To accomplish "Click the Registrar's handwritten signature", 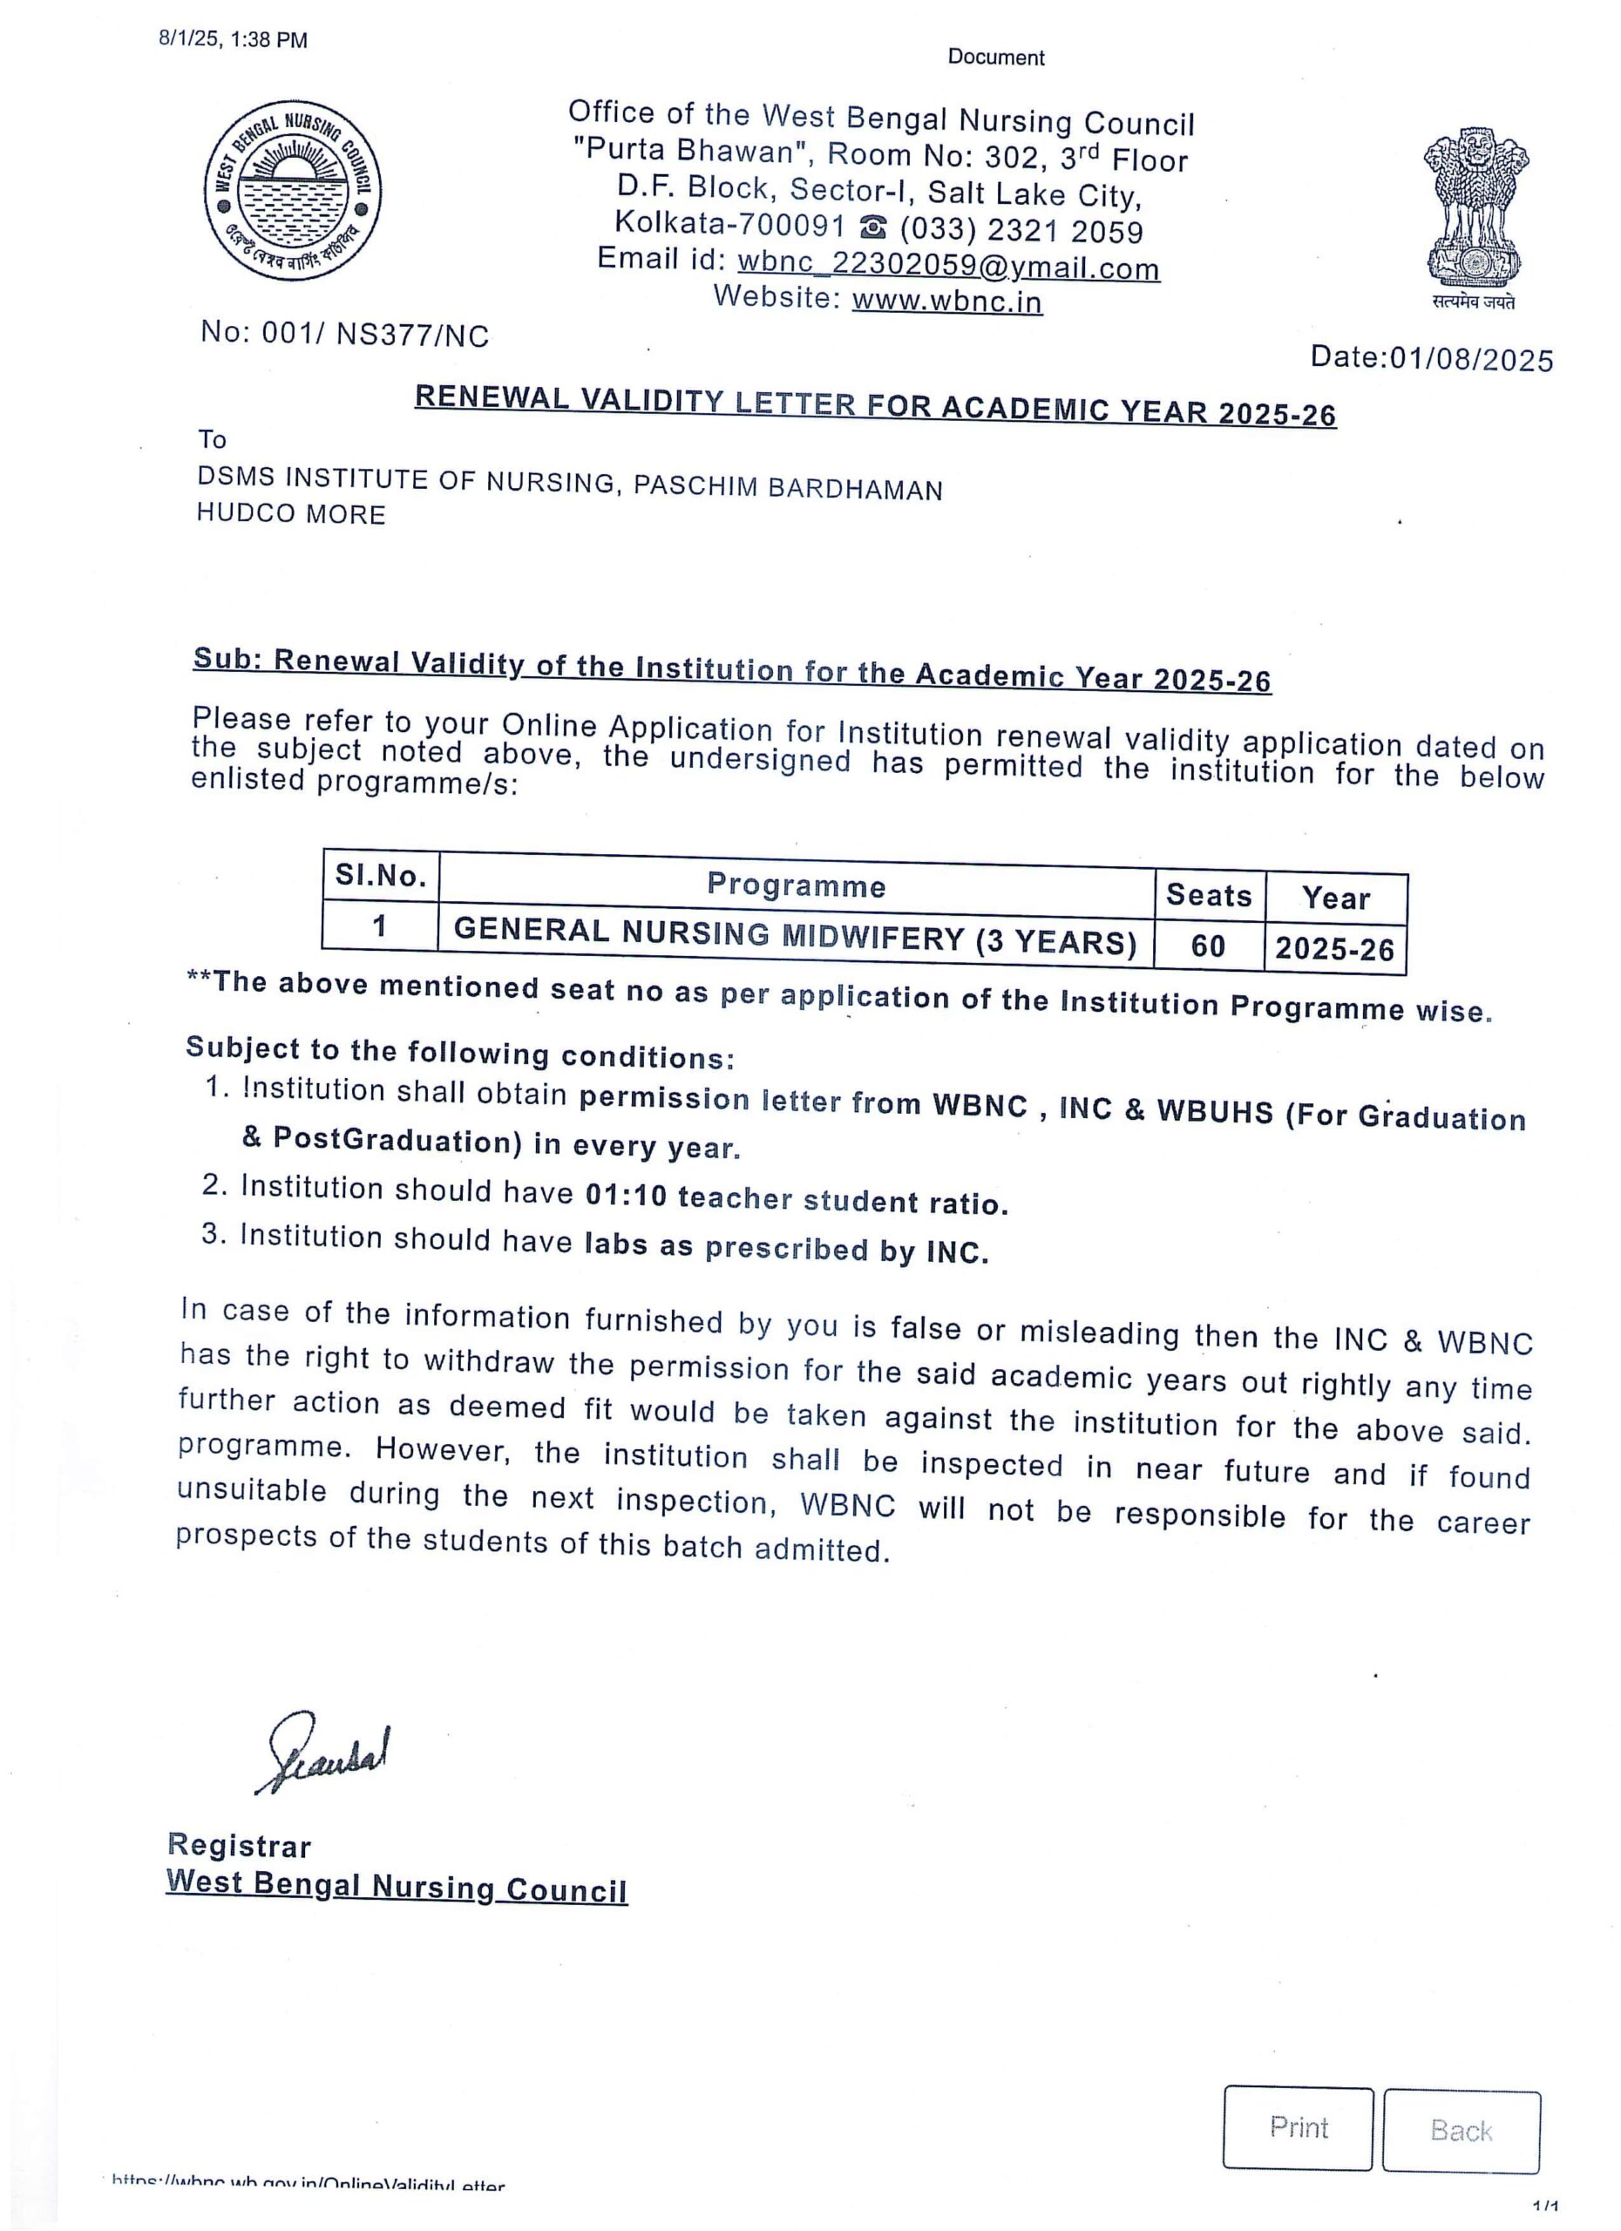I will click(323, 1752).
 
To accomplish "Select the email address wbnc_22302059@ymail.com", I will click(948, 266).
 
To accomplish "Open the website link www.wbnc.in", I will click(946, 301).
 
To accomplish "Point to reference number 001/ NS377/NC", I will click(375, 335).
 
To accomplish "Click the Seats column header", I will click(1208, 895).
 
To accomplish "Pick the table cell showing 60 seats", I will click(1208, 946).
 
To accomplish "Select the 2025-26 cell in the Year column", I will click(1335, 948).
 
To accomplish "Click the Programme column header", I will click(796, 885).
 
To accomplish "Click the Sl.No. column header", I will click(381, 876).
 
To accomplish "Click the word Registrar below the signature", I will click(239, 1847).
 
